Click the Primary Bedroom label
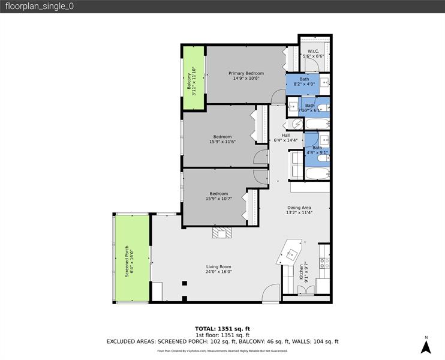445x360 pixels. (x=246, y=73)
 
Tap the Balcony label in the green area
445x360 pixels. (x=190, y=80)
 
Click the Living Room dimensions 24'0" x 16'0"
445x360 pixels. (x=218, y=272)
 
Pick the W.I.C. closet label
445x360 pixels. (x=313, y=51)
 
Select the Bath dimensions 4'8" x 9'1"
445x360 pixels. (x=317, y=152)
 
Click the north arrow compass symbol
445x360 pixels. (x=426, y=346)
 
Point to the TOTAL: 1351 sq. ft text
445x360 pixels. (x=222, y=329)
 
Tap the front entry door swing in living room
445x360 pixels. (x=270, y=293)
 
